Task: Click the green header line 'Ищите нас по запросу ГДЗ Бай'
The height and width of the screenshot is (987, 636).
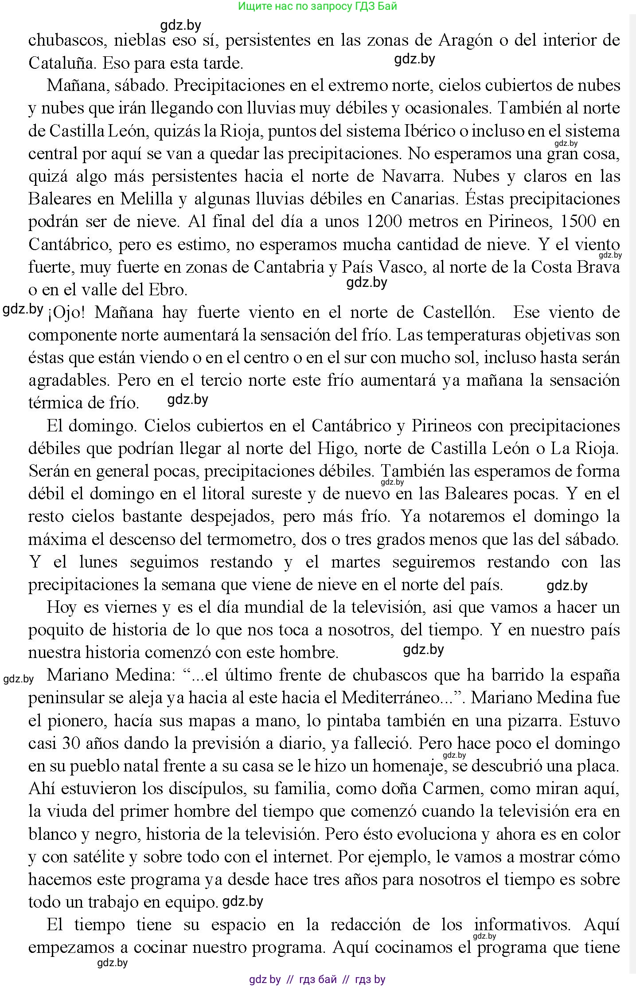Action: [317, 6]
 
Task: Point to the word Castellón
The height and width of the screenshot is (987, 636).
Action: [458, 313]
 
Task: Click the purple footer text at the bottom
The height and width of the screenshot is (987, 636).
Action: [317, 979]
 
